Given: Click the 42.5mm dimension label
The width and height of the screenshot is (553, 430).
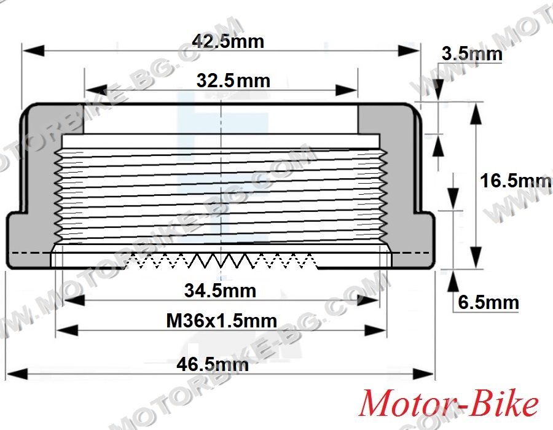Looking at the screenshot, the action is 228,42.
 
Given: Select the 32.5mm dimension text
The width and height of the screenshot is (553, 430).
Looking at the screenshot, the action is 233,80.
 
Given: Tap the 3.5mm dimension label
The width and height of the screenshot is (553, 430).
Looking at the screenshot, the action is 471,54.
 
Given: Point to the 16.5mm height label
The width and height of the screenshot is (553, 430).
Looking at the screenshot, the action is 516,181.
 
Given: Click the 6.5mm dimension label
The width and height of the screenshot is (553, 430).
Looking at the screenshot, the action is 488,302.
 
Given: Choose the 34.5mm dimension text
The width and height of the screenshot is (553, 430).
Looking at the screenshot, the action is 220,291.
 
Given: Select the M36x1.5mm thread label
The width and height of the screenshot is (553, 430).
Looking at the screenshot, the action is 221,321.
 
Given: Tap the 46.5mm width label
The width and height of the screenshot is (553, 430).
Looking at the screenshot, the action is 213,364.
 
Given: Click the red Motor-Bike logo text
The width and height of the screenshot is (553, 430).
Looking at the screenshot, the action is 449,402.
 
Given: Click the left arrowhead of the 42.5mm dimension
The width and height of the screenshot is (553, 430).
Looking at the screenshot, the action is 34,50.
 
